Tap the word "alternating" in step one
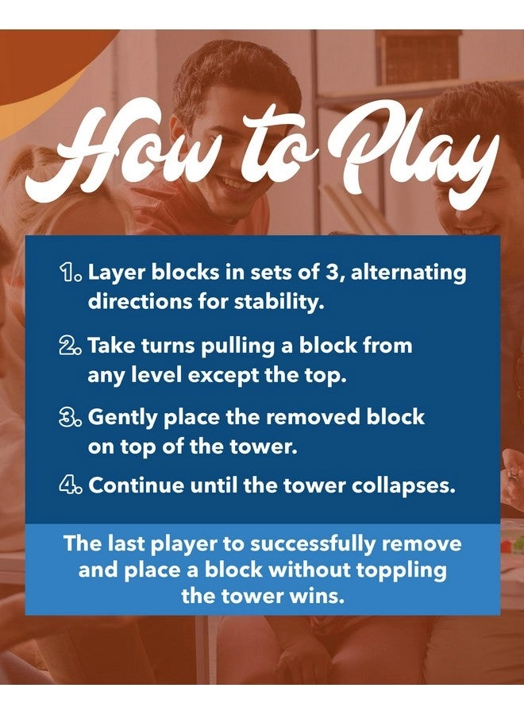409,273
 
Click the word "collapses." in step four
403,486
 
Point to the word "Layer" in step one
116,273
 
